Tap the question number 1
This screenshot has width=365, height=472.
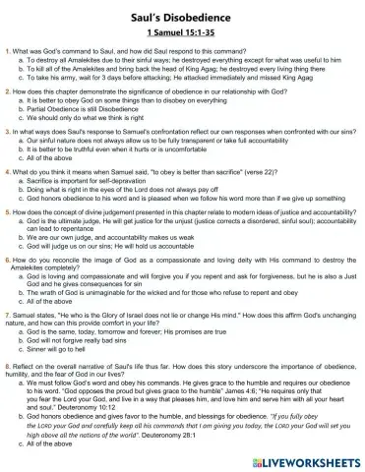tap(8, 49)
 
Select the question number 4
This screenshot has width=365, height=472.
tap(8, 171)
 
